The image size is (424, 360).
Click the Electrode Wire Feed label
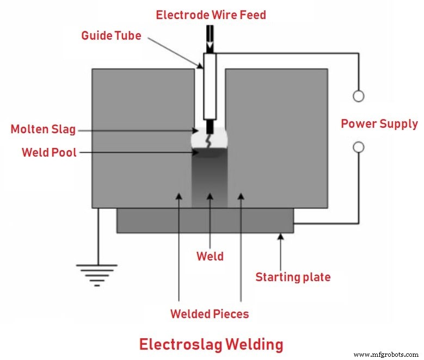pyautogui.click(x=211, y=15)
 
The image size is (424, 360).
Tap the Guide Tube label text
pyautogui.click(x=111, y=36)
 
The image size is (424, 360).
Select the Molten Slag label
pyautogui.click(x=43, y=129)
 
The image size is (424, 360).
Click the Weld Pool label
pyautogui.click(x=49, y=152)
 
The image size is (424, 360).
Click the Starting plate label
pyautogui.click(x=293, y=277)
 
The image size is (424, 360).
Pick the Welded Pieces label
pyautogui.click(x=209, y=314)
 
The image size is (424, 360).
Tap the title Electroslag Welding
pyautogui.click(x=211, y=344)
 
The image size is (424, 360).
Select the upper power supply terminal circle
pyautogui.click(x=358, y=96)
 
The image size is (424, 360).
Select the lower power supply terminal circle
pyautogui.click(x=358, y=147)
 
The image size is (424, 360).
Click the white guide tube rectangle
pyautogui.click(x=210, y=87)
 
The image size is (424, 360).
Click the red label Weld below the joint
pyautogui.click(x=210, y=256)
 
